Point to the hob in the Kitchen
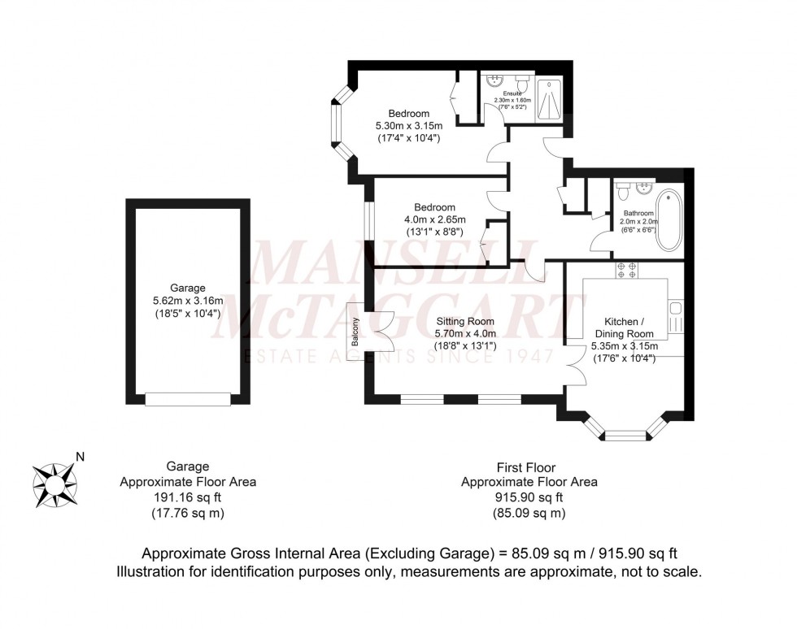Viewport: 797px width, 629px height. tap(626, 271)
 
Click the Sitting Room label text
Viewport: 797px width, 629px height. tap(464, 321)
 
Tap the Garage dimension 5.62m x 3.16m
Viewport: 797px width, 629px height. tap(188, 301)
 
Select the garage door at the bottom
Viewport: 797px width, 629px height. tap(188, 399)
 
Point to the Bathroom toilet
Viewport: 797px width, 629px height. tap(622, 193)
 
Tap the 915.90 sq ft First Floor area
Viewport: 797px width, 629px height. tap(529, 497)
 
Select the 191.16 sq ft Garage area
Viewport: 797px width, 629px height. tap(188, 497)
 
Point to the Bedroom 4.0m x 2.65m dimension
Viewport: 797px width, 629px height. tap(434, 219)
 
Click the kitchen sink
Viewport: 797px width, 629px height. tap(673, 309)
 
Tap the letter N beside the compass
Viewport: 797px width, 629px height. tap(80, 456)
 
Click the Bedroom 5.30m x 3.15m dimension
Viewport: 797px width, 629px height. tap(408, 126)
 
